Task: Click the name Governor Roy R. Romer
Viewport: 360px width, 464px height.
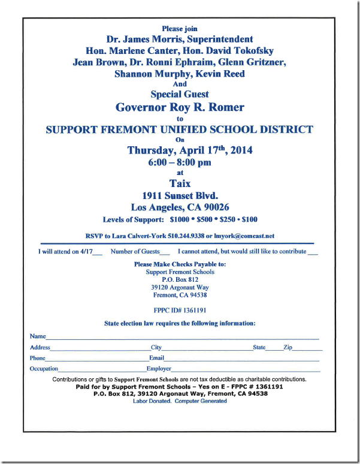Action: coord(180,107)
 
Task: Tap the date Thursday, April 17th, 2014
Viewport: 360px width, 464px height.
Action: coord(190,150)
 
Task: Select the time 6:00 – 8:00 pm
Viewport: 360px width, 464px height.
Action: coord(180,162)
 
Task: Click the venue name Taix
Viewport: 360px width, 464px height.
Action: coord(180,184)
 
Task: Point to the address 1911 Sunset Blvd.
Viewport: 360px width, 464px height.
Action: coord(180,195)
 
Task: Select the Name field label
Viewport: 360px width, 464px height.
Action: coord(38,336)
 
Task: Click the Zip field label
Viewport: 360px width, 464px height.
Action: coord(288,347)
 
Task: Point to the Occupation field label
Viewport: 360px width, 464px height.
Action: coord(44,369)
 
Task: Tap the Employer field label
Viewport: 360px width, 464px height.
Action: coord(159,369)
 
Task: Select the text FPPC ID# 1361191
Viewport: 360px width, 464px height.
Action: coord(180,311)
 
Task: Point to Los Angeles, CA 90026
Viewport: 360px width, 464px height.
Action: coord(180,207)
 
